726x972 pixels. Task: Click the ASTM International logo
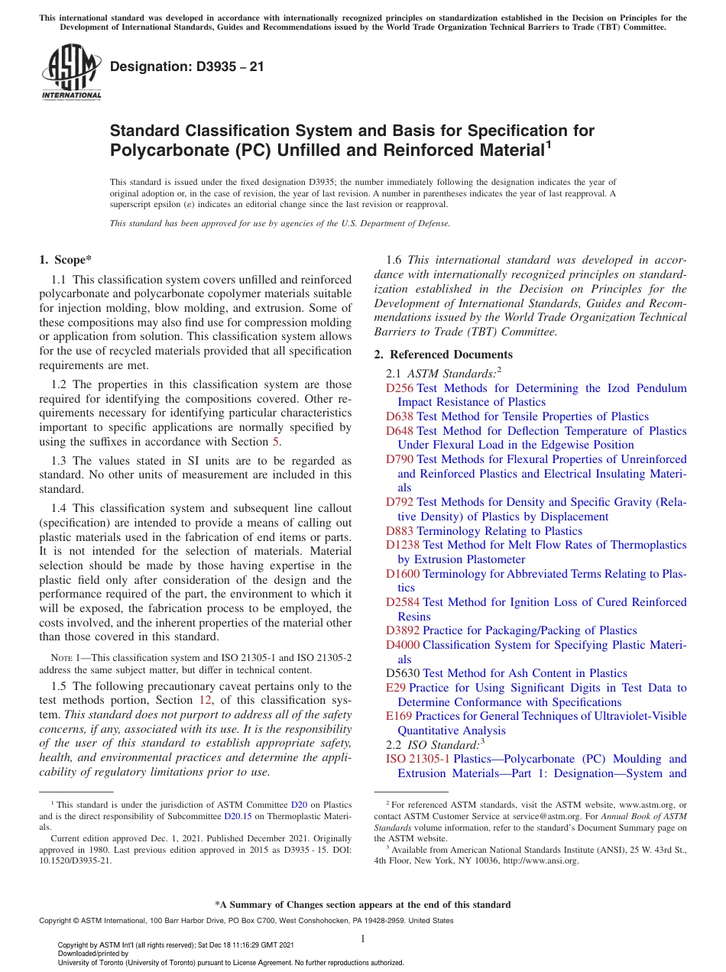pos(71,73)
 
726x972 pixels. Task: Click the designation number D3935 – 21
pos(187,66)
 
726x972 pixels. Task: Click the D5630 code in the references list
pos(403,673)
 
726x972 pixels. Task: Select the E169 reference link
pos(399,716)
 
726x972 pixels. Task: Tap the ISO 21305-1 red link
pos(418,759)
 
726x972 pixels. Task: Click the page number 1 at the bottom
pos(363,938)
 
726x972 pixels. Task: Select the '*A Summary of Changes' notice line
pos(362,905)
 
